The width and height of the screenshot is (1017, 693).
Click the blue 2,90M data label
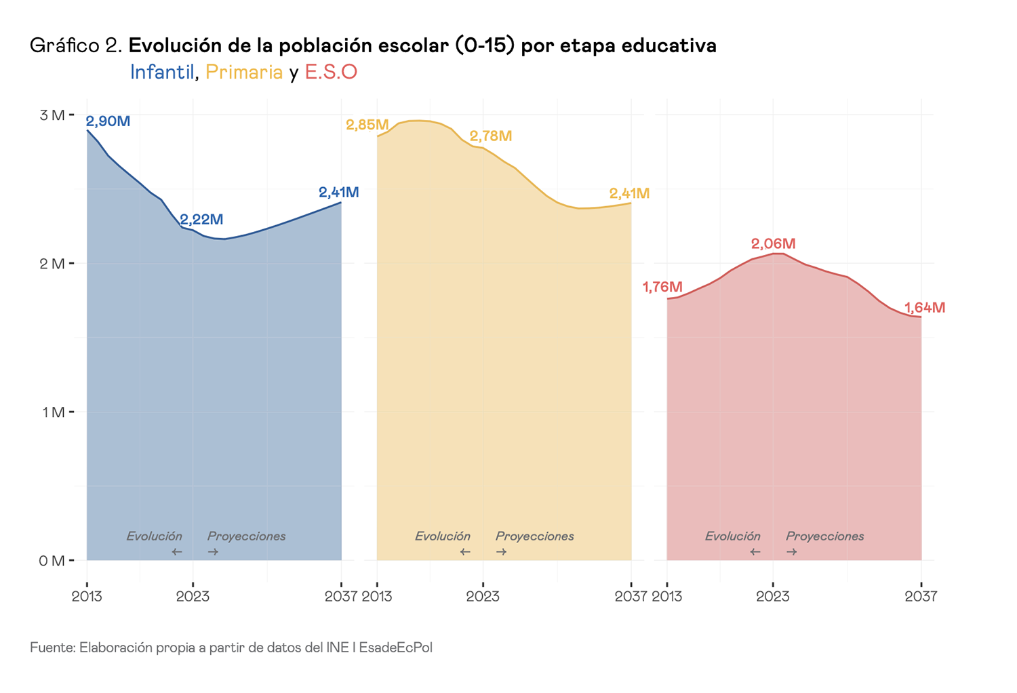click(x=108, y=121)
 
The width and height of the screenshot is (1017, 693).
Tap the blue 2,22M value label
click(x=201, y=220)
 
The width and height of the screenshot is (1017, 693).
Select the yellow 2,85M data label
click(x=367, y=125)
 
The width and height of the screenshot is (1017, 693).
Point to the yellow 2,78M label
click(x=491, y=136)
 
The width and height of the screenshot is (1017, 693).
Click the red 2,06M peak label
click(x=773, y=243)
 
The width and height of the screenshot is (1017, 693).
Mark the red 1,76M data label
click(x=662, y=287)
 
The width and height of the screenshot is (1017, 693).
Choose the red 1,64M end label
click(x=925, y=308)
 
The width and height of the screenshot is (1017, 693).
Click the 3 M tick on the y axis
click(x=52, y=115)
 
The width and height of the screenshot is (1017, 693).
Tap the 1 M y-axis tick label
click(x=52, y=412)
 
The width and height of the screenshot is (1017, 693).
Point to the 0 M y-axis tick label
click(x=52, y=561)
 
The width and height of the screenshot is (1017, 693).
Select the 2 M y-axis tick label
click(x=52, y=264)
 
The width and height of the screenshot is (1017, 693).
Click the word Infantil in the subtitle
click(x=162, y=72)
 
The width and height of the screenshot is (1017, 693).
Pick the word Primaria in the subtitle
click(x=244, y=72)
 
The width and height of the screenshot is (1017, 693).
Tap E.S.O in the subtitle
click(x=331, y=72)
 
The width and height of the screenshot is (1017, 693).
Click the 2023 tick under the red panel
click(x=773, y=597)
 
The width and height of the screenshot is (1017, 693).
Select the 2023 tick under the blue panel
click(x=193, y=597)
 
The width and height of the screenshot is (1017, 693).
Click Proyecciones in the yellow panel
click(x=535, y=536)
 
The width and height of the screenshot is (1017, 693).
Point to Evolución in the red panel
click(x=732, y=536)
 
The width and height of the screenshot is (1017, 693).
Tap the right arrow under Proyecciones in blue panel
click(x=213, y=552)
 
